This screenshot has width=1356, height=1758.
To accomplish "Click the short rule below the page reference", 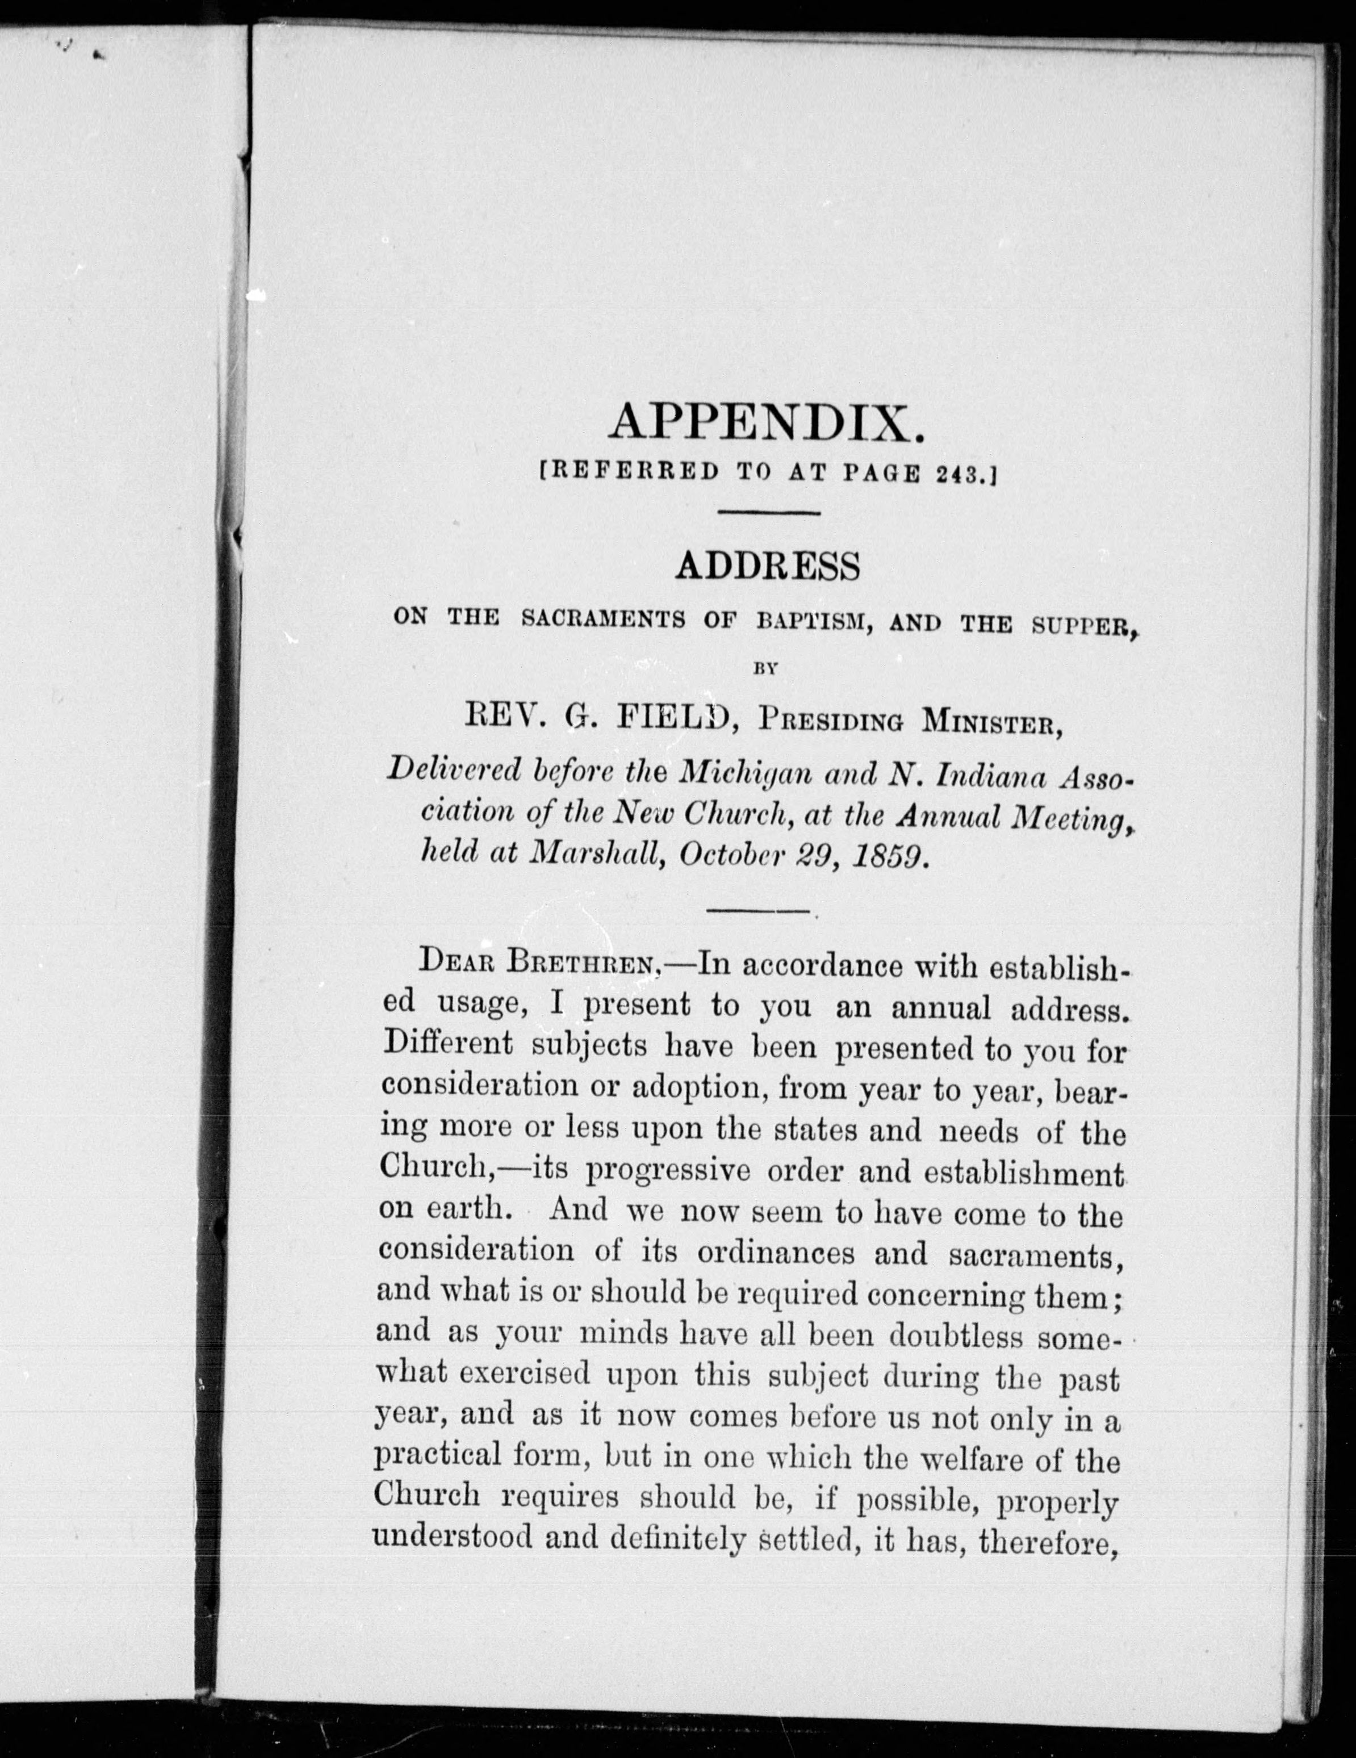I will coord(767,513).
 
